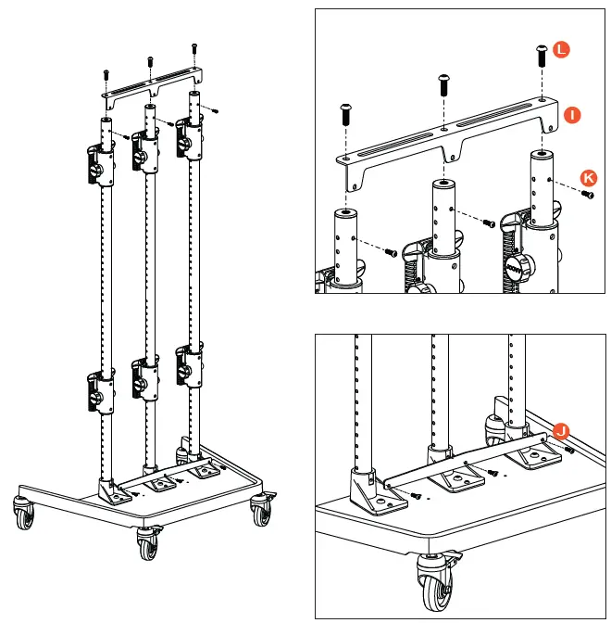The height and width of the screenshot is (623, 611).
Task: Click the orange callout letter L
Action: (x=562, y=51)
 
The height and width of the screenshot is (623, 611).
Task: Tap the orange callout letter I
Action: (x=573, y=115)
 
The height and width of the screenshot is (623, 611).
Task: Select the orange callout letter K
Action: (x=588, y=176)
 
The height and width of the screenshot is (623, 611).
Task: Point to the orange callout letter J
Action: (x=561, y=429)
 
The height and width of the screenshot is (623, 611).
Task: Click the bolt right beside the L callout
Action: (x=540, y=56)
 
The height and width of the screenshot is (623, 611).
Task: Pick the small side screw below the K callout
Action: (x=587, y=195)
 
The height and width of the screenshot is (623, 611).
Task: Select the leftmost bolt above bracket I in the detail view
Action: (x=345, y=115)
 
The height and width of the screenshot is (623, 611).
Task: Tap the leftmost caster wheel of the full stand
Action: (x=21, y=510)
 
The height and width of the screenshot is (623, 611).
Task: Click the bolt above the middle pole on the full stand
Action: (x=149, y=62)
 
